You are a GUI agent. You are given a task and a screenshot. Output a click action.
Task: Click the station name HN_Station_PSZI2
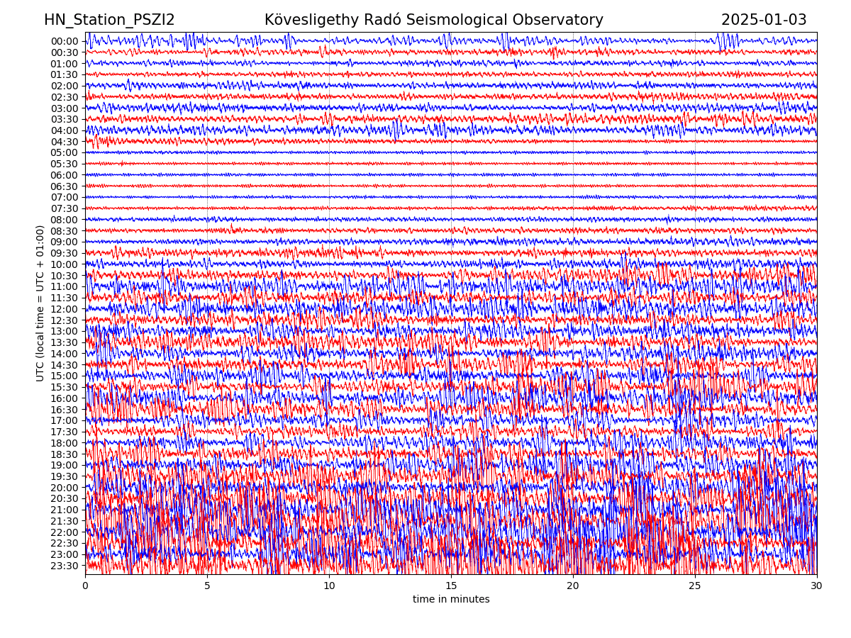109,21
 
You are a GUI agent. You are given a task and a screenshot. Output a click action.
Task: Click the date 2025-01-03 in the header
764,21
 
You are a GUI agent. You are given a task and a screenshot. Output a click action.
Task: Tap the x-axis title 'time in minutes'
451,600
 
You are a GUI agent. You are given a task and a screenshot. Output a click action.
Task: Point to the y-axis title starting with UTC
40,303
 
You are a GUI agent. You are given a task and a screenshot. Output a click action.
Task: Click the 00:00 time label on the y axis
64,41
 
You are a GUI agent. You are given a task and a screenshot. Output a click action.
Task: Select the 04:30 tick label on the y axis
64,142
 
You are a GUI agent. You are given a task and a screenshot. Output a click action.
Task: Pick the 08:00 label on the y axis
64,220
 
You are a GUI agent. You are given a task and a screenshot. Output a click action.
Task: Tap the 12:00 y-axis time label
64,309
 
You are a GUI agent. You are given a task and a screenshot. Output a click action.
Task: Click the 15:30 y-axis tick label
64,387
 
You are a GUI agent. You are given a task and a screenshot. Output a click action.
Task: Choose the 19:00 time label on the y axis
64,465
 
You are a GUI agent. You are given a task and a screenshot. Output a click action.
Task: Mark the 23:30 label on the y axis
64,566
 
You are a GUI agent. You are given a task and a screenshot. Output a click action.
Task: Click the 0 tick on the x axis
85,586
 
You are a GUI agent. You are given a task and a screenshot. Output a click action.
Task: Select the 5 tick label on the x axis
207,586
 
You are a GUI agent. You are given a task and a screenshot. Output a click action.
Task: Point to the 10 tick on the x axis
329,586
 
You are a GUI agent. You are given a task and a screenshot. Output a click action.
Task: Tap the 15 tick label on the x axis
451,586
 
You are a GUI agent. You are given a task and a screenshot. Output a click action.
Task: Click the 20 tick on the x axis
573,586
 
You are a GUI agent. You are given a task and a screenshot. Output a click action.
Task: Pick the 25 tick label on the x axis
695,586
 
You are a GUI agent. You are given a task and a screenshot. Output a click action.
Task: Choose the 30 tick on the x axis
817,586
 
